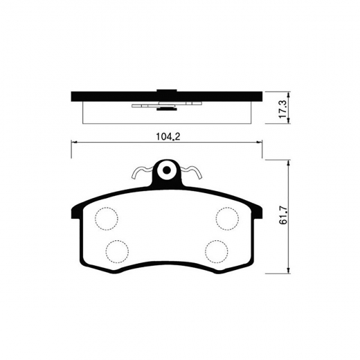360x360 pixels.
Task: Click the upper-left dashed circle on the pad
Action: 106,219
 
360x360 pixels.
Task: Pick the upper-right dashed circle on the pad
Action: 226,219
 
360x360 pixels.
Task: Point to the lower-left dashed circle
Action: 116,249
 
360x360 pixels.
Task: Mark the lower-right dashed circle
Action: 217,249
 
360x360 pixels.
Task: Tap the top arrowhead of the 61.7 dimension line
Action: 288,162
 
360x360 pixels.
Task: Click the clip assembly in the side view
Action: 165,106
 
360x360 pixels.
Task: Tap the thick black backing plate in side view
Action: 104,96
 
